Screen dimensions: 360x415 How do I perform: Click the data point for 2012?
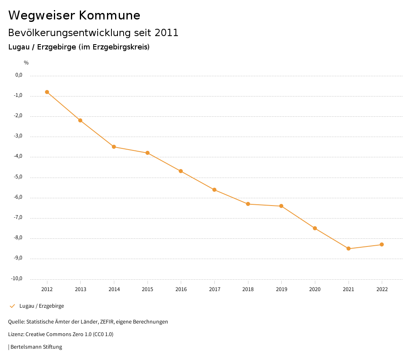pos(47,92)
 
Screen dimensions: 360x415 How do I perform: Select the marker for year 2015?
pos(148,153)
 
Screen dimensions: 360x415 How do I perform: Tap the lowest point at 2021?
pos(349,249)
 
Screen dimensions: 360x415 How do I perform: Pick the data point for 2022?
pos(382,244)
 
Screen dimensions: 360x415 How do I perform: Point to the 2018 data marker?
pos(248,204)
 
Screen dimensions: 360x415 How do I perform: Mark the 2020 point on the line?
pos(315,228)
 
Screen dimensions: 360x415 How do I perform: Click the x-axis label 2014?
pos(114,289)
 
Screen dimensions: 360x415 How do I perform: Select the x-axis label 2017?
pos(214,289)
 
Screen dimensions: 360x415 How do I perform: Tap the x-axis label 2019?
pos(281,289)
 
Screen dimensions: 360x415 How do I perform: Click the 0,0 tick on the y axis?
pos(19,75)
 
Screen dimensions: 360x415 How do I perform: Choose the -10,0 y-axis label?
pos(17,279)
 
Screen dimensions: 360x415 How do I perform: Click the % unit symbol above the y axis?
pos(26,63)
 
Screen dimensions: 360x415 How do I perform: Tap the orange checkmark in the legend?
pos(12,306)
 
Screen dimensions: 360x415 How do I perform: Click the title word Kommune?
pos(109,15)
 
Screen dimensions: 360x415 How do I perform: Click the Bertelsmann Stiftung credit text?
pos(36,347)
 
